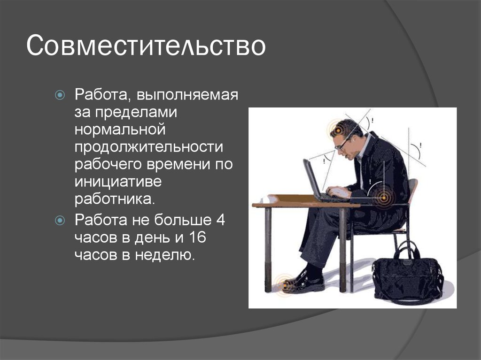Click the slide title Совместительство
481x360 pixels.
point(146,46)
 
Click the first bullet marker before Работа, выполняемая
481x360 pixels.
point(60,95)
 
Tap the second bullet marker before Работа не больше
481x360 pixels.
point(60,220)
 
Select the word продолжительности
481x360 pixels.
point(149,147)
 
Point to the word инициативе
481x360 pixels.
point(118,181)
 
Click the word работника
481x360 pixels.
point(115,199)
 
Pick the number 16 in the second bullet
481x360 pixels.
point(197,237)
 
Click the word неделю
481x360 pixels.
point(165,255)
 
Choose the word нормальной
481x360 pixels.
point(120,129)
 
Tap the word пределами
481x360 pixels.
point(136,112)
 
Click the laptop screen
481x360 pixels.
point(312,178)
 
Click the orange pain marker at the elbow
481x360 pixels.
point(384,198)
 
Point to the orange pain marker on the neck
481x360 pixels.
point(337,131)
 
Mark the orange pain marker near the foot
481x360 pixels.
point(284,285)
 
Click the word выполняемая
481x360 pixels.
point(187,95)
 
